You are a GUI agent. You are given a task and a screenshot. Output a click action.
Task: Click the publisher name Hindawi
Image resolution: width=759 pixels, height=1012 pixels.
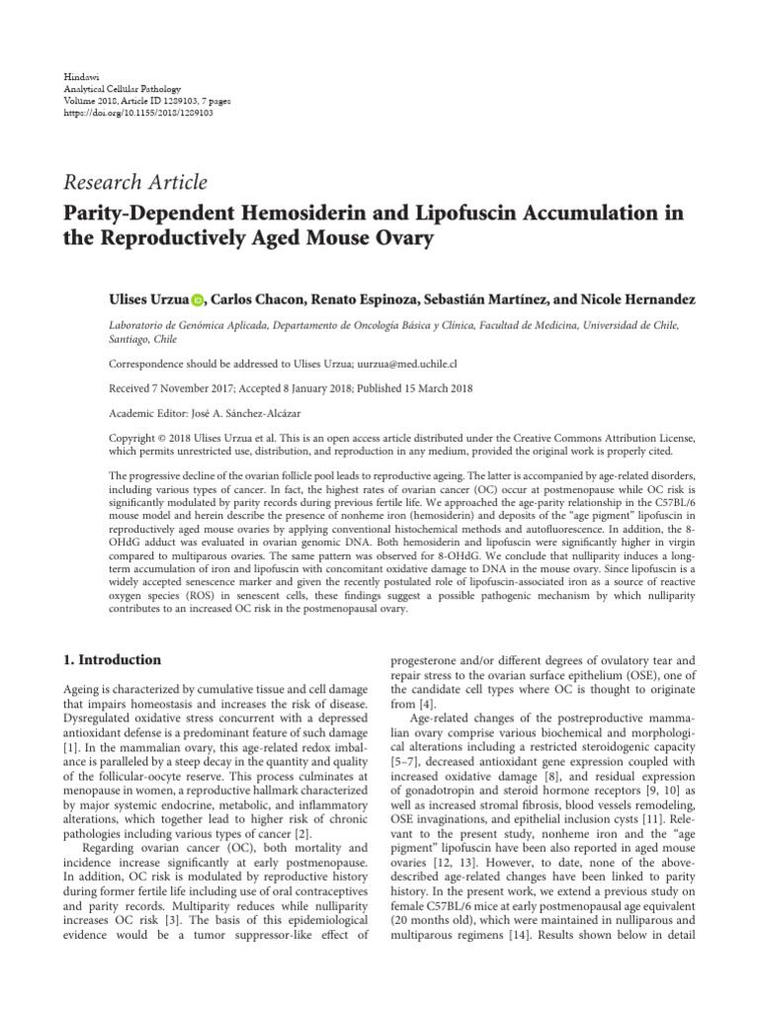click(x=78, y=75)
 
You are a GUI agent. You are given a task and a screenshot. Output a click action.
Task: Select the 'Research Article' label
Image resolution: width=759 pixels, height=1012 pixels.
click(x=135, y=182)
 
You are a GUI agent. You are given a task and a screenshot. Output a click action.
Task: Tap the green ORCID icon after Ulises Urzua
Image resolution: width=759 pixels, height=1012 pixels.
click(x=197, y=300)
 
